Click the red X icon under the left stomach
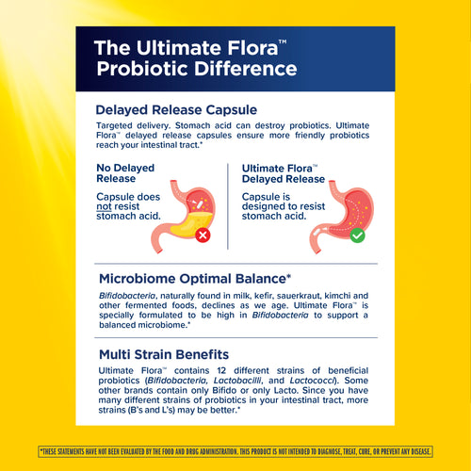click(202, 235)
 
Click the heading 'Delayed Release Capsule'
click(177, 110)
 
